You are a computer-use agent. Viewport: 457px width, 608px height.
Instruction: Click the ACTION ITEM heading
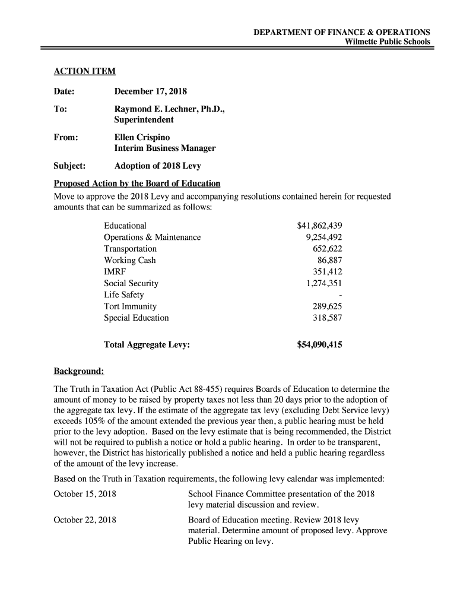[84, 72]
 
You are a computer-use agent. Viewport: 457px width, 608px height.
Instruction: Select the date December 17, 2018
[150, 91]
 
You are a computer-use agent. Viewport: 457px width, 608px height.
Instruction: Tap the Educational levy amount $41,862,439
[319, 226]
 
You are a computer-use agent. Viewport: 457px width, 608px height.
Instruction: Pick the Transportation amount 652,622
[327, 249]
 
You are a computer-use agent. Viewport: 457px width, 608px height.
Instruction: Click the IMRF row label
[115, 272]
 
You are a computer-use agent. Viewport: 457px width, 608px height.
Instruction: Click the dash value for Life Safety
[341, 295]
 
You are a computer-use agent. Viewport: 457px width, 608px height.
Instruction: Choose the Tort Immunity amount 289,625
[327, 306]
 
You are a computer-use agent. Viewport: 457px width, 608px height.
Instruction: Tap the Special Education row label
[136, 318]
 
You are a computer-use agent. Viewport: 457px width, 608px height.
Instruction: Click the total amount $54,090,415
[319, 344]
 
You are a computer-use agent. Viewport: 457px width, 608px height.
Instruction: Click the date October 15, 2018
[85, 494]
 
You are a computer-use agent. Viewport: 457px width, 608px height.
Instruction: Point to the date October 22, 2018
[85, 520]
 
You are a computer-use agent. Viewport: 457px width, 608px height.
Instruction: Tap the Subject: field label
[70, 166]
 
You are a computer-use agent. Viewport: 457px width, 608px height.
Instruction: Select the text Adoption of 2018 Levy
[157, 166]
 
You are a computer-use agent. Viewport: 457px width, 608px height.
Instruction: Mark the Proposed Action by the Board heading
[137, 183]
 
